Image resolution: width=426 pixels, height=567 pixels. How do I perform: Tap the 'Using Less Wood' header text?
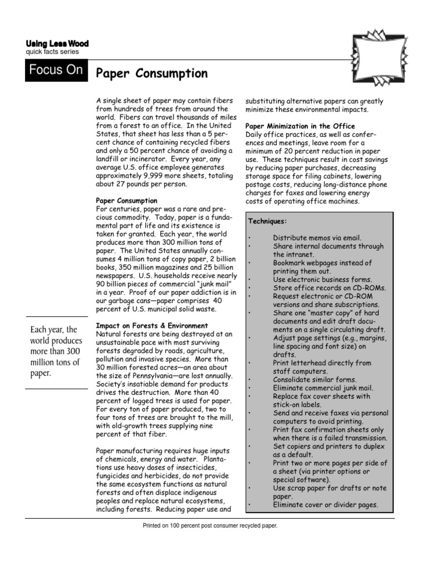[57, 44]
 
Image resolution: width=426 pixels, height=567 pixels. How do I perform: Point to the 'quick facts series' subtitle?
[52, 52]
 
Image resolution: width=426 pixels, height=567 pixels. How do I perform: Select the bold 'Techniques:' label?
[267, 221]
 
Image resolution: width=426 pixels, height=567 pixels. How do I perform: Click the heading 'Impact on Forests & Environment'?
[153, 326]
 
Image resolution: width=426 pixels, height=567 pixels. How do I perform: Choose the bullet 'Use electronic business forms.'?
[322, 280]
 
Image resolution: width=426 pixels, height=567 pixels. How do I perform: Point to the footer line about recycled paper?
[210, 525]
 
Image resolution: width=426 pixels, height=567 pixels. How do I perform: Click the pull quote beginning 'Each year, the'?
[55, 352]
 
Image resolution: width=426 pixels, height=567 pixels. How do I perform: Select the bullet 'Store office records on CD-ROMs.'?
[329, 288]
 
